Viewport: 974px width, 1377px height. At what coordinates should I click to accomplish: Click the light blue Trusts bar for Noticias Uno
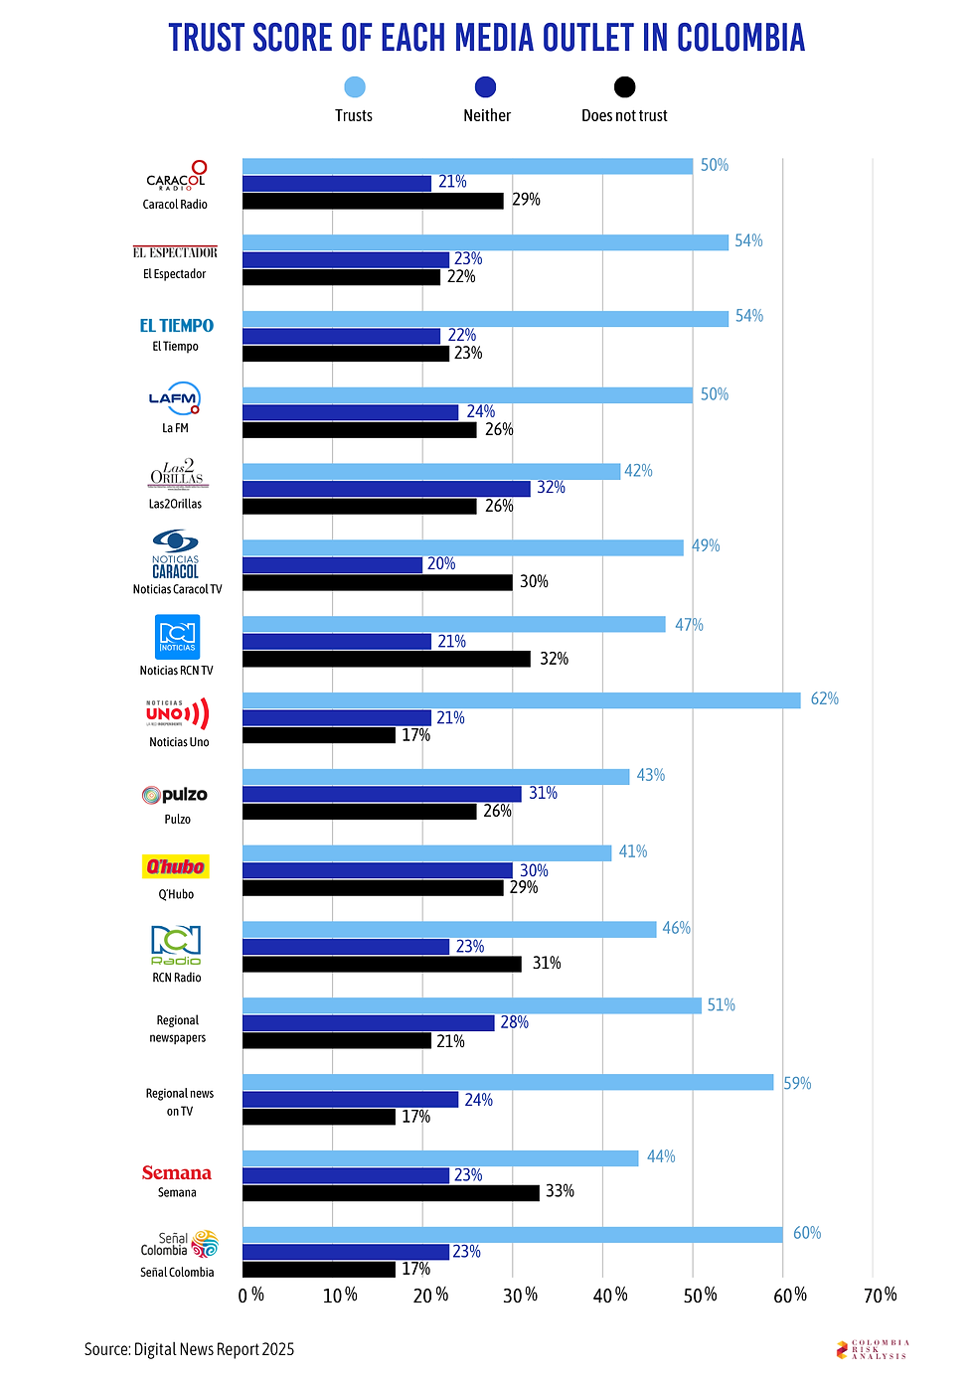[521, 700]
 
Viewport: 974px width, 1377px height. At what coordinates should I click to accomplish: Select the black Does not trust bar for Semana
[391, 1192]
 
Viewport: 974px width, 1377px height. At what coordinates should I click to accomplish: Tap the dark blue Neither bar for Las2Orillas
[386, 489]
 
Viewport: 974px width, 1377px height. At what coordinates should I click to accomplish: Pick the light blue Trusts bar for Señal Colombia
[512, 1235]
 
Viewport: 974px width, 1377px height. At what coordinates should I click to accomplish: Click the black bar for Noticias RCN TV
[386, 659]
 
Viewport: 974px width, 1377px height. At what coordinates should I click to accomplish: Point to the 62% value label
[824, 699]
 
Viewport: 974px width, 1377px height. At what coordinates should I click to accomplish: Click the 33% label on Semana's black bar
[560, 1191]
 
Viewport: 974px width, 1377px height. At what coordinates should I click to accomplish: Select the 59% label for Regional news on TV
[797, 1083]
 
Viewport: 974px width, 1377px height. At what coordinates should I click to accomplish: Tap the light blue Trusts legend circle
[354, 87]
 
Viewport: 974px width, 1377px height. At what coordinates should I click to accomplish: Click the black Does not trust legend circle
[624, 87]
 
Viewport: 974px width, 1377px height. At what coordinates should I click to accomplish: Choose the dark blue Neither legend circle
[486, 87]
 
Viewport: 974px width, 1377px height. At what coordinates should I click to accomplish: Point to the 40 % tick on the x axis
[610, 1296]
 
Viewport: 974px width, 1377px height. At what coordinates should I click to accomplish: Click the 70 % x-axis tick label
[881, 1296]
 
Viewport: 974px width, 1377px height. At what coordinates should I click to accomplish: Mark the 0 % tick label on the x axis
[250, 1296]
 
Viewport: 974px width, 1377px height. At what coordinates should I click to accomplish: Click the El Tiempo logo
[176, 326]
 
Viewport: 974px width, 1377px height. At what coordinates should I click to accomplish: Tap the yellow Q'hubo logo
[176, 866]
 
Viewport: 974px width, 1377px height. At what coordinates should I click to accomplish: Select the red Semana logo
[176, 1173]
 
